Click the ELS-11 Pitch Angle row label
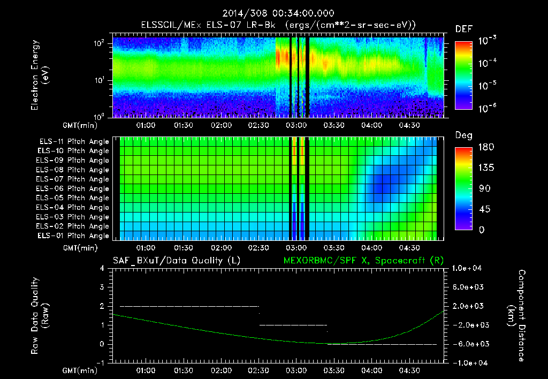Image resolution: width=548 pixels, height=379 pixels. [x=74, y=142]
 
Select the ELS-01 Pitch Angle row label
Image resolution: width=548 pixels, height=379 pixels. [x=74, y=236]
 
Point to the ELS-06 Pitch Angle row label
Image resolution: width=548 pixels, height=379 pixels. [x=74, y=188]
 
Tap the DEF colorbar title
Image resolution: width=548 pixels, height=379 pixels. [x=463, y=29]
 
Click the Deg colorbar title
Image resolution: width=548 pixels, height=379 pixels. [x=463, y=135]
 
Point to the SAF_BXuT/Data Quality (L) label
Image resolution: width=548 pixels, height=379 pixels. [x=176, y=261]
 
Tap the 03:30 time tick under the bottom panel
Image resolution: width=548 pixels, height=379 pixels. [x=334, y=370]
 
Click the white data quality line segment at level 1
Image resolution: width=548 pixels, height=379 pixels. [x=293, y=325]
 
